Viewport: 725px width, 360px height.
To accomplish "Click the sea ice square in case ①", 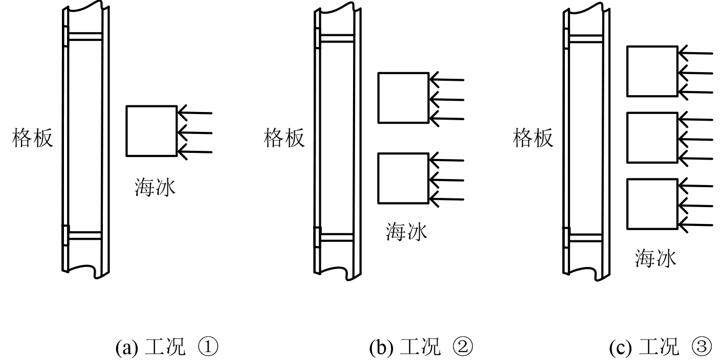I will click(151, 131).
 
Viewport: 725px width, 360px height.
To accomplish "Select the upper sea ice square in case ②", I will click(403, 98).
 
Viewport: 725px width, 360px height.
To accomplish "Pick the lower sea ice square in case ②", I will click(403, 178).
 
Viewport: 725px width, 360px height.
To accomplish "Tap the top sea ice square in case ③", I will click(652, 71).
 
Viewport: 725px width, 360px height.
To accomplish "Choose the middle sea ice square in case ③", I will click(652, 138).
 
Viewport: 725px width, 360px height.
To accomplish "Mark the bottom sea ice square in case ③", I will click(652, 204).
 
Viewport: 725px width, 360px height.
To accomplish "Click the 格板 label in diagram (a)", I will click(33, 138).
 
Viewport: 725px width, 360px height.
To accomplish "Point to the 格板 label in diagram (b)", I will click(284, 138).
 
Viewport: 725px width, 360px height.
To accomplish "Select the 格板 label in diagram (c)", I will click(533, 138).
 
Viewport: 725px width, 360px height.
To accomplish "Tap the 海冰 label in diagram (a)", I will click(155, 188).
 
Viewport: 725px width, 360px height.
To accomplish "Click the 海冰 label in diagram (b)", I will click(406, 233).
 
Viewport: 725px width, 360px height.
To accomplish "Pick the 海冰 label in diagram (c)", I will click(655, 259).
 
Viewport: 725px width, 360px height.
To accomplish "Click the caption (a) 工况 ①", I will click(167, 348).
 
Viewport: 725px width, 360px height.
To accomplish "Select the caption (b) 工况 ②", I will click(421, 348).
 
